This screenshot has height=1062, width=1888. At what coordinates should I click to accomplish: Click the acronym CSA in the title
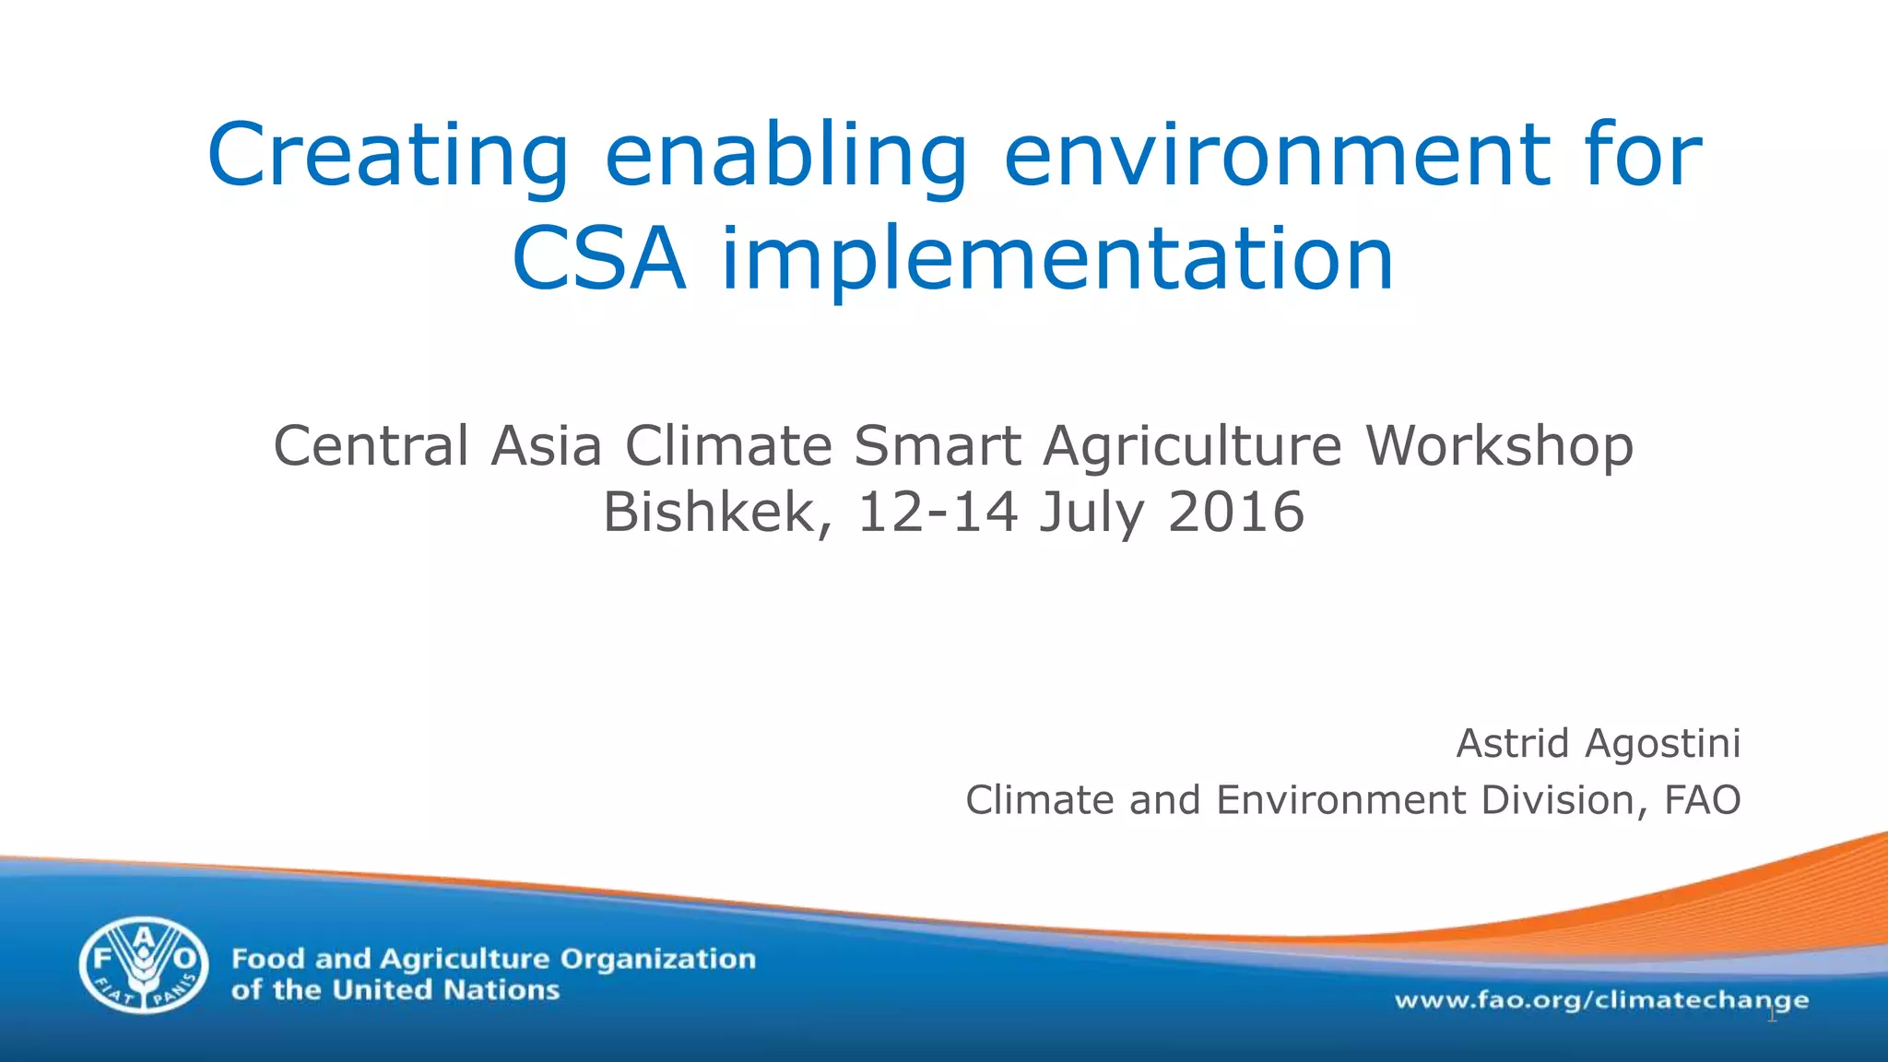(598, 259)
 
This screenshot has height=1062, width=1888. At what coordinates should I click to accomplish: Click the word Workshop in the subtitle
(1499, 446)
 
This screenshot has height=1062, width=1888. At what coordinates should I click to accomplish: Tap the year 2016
(1236, 513)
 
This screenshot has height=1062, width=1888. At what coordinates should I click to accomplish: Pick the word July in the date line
(1091, 513)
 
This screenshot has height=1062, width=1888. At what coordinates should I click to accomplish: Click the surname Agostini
(1662, 743)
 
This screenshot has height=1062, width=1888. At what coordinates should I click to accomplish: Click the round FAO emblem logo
(144, 964)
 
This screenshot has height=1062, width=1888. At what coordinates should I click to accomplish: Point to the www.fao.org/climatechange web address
(1601, 1000)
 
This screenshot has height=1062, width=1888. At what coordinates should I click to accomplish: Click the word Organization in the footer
(658, 959)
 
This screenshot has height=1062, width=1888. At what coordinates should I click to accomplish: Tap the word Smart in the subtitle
(937, 446)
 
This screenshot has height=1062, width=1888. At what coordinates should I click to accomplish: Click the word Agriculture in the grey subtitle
(1192, 446)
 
